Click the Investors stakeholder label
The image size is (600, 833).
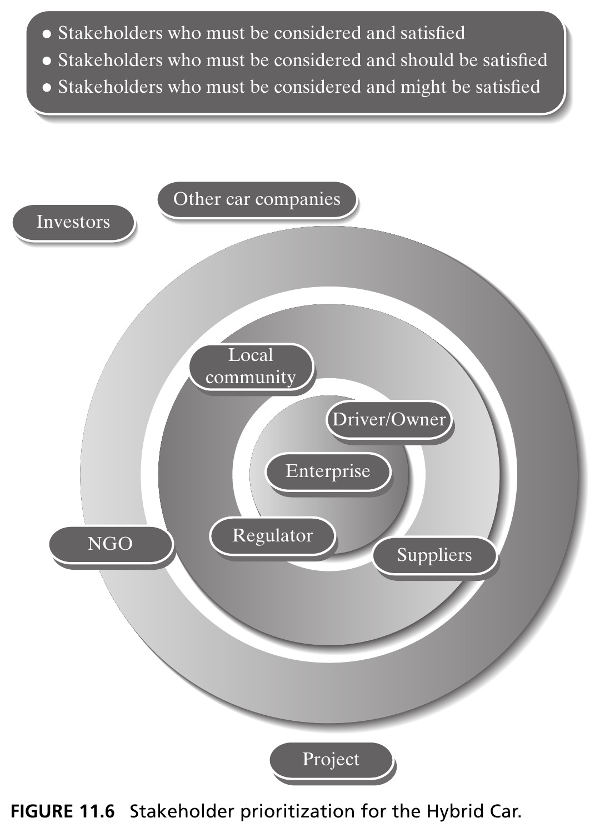(x=73, y=222)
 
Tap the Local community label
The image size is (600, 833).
(x=251, y=367)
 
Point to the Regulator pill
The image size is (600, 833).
(x=273, y=536)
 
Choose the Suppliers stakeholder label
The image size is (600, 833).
(x=434, y=555)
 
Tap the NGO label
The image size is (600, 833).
(x=111, y=544)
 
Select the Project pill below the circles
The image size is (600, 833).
(x=331, y=759)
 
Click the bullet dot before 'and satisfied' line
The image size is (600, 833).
(x=47, y=34)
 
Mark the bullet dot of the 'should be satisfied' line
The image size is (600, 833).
(x=47, y=61)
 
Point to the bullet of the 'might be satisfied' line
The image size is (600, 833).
(x=47, y=88)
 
